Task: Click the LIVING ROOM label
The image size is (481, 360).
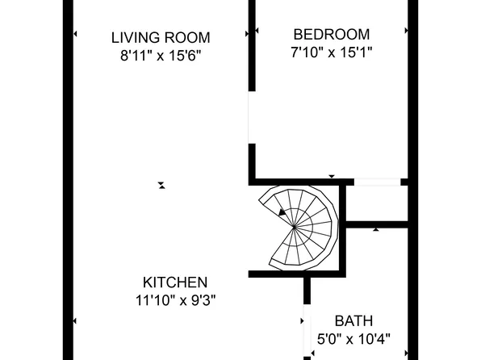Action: tap(161, 37)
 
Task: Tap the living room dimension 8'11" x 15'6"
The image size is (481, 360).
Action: tap(161, 57)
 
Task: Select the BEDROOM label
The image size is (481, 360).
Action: tap(331, 35)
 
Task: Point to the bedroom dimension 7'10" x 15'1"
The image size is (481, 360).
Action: tap(331, 52)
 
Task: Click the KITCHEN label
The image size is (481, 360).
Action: tap(175, 283)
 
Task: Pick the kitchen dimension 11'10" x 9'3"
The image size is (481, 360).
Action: tap(175, 300)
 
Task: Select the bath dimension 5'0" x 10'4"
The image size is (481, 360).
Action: tap(353, 339)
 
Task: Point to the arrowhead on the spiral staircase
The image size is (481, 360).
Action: tap(282, 212)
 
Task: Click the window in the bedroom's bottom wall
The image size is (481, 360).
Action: tap(378, 182)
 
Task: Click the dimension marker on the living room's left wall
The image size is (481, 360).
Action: tap(75, 34)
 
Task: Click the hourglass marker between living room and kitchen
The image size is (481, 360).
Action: tap(161, 185)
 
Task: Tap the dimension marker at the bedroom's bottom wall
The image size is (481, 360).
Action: tap(332, 176)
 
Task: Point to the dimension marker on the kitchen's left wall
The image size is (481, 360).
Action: tap(75, 322)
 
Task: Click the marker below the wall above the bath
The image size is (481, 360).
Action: tap(376, 230)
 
